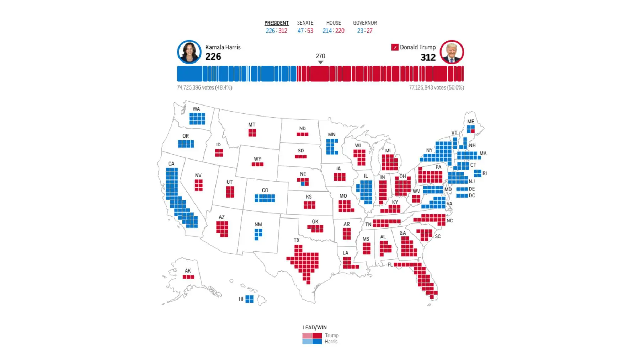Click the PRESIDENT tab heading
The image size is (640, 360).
276,23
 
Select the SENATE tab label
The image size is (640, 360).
305,23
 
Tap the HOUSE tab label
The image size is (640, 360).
334,23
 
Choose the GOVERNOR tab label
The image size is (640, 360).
365,23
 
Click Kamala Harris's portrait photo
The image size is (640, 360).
189,52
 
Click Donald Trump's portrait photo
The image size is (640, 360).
452,52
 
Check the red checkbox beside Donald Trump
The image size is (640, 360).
395,47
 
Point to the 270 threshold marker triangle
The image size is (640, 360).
320,63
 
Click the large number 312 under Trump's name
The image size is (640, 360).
428,57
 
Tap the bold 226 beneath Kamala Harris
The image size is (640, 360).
213,57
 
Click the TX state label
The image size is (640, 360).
297,240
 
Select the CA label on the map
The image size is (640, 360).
171,164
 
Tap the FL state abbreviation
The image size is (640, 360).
390,265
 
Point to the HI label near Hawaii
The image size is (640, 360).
241,299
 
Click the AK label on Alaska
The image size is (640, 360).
188,271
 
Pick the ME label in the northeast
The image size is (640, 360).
470,122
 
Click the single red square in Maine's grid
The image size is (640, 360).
473,131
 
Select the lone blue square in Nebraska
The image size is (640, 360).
303,184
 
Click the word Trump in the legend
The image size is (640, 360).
332,335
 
